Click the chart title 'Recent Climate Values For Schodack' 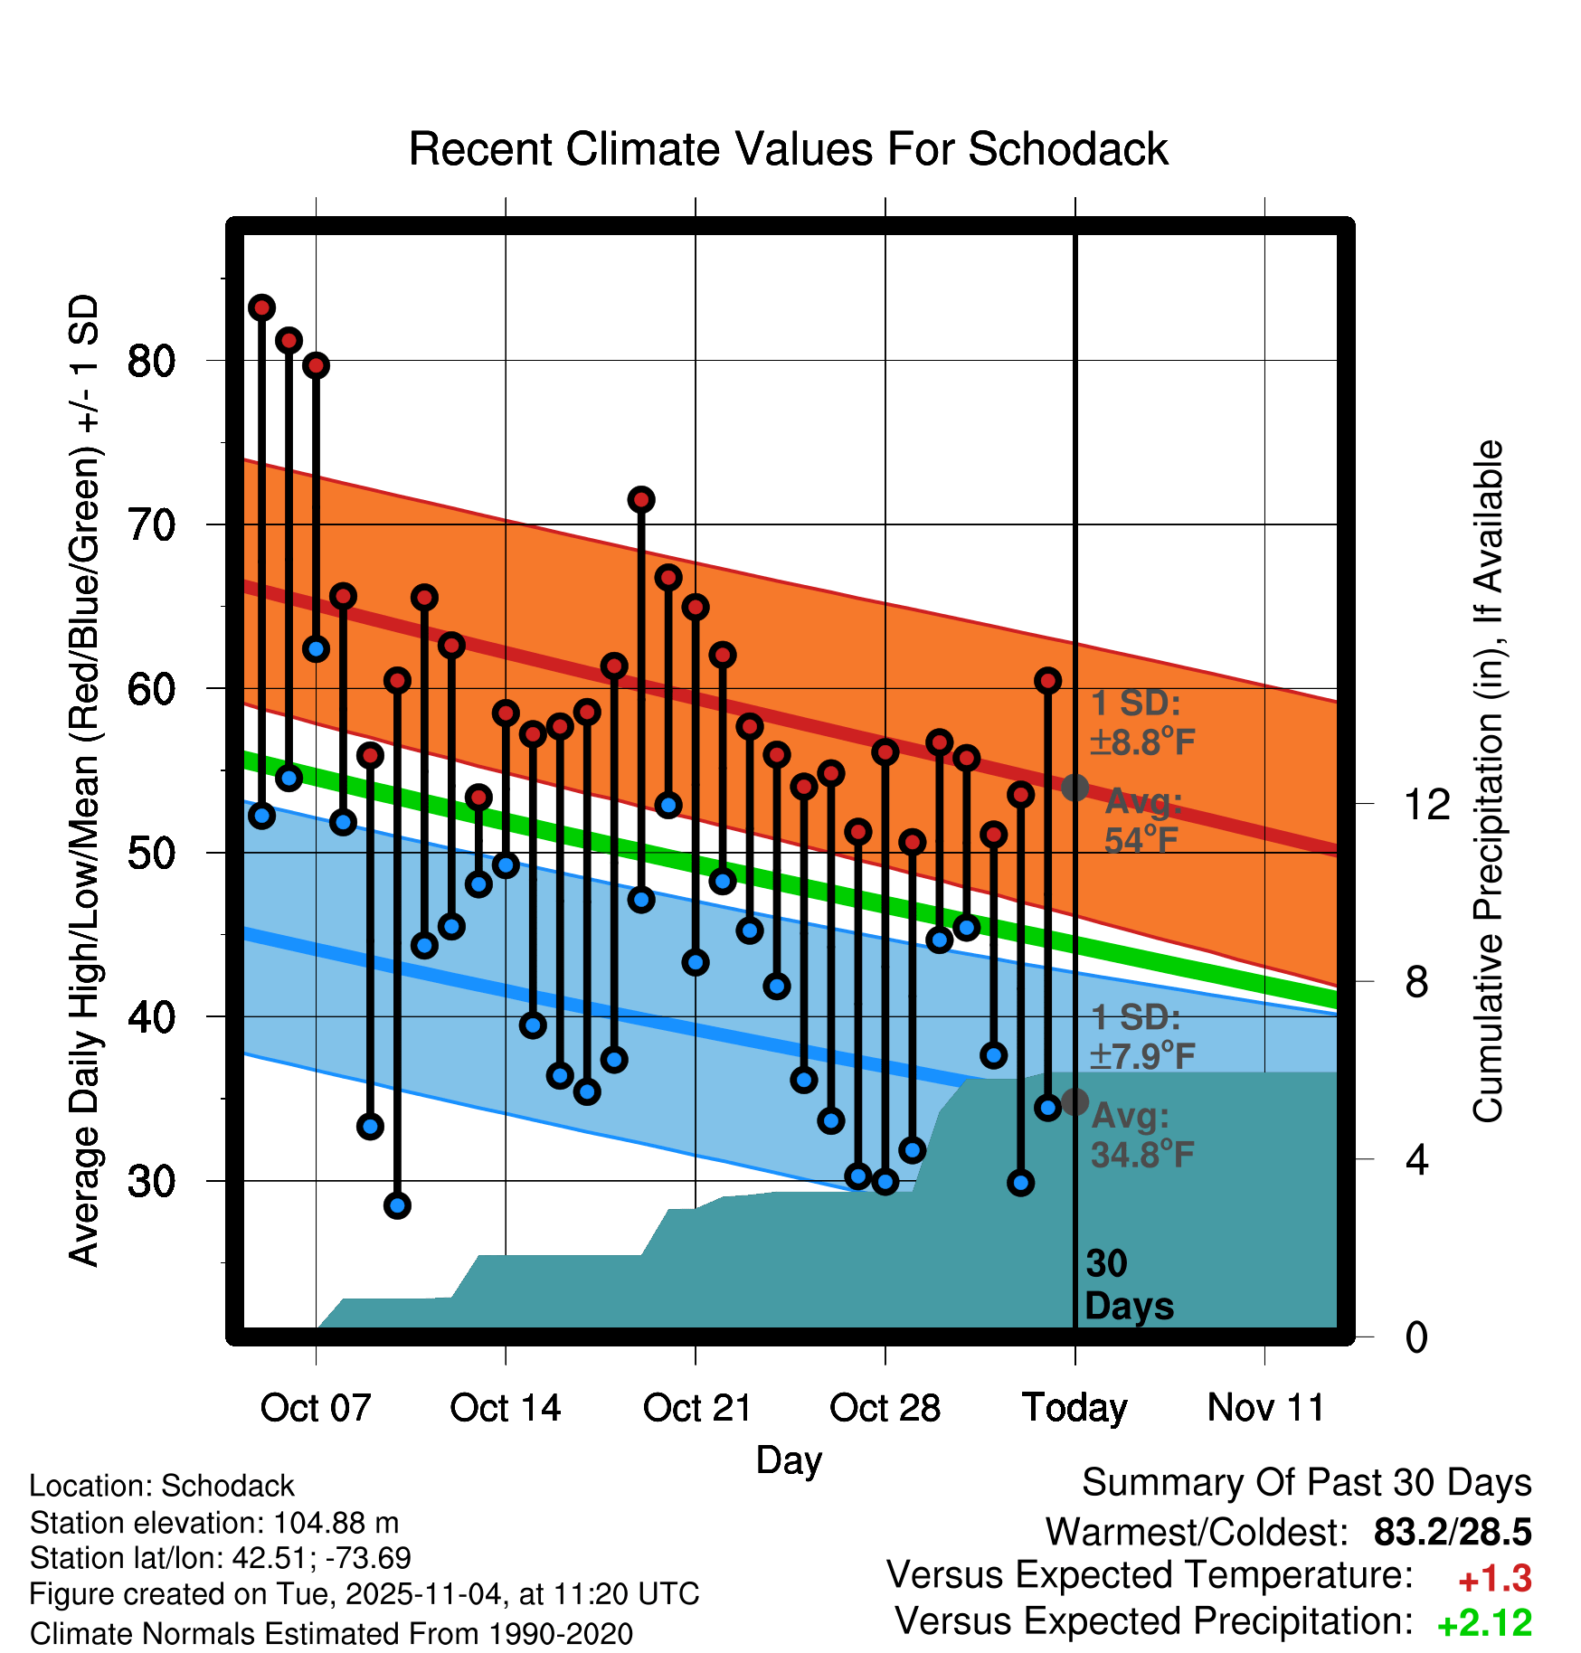point(788,149)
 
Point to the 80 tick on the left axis point(151,361)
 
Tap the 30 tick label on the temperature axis point(151,1181)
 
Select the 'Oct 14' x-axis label point(505,1408)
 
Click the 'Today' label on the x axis point(1075,1408)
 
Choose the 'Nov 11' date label point(1265,1408)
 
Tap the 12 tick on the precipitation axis point(1426,804)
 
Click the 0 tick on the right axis point(1416,1337)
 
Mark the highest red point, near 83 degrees point(261,307)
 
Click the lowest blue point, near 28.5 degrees point(397,1205)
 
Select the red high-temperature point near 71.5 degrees point(641,499)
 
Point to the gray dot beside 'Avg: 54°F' point(1075,788)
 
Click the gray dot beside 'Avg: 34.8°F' point(1075,1102)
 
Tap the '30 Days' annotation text point(1128,1285)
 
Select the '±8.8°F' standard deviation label point(1142,742)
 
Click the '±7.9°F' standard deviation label point(1142,1055)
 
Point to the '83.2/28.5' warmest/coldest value point(1452,1533)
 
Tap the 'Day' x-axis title point(789,1460)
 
